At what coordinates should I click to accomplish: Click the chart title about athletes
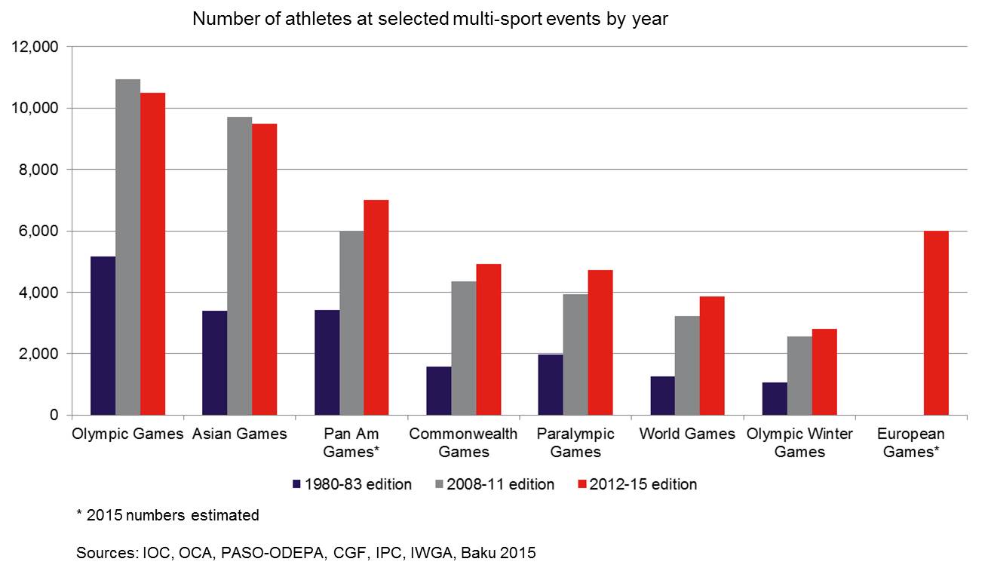click(x=430, y=19)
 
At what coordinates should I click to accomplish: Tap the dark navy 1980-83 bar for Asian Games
click(x=215, y=363)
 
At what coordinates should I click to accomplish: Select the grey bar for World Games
click(x=687, y=366)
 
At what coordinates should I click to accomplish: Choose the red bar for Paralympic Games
click(x=600, y=342)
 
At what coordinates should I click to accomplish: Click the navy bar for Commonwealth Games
click(x=439, y=391)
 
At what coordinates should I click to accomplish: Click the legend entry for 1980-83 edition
click(x=352, y=484)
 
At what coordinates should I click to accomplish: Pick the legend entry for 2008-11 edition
click(x=495, y=484)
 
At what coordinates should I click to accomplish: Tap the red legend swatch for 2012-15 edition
click(x=581, y=484)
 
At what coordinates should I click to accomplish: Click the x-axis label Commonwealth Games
click(x=463, y=443)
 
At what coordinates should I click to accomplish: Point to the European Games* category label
click(x=911, y=443)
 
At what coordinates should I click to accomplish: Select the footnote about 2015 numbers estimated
click(x=167, y=516)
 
